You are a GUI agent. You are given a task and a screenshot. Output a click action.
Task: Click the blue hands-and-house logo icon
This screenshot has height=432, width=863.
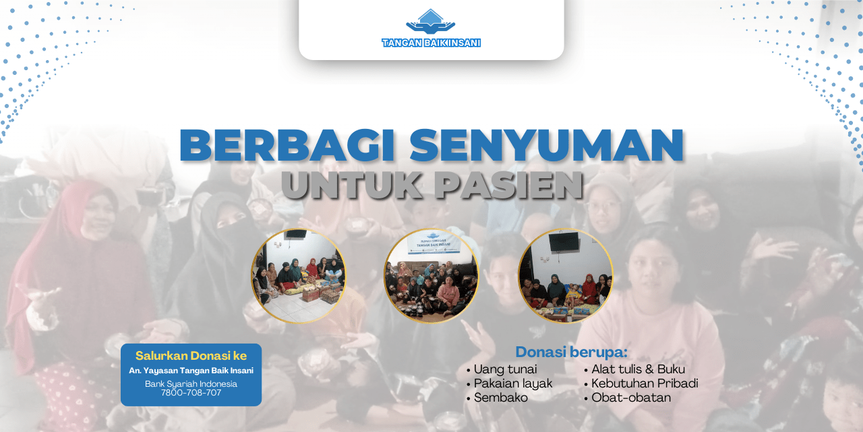click(431, 22)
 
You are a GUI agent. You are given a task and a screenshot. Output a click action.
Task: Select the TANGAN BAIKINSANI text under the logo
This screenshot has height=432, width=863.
click(431, 43)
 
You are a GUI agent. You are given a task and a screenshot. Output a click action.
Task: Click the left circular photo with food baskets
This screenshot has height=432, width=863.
click(299, 275)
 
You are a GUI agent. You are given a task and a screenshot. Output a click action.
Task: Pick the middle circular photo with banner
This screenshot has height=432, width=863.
click(431, 275)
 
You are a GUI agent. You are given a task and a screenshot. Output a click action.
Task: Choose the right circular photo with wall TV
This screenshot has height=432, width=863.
click(565, 275)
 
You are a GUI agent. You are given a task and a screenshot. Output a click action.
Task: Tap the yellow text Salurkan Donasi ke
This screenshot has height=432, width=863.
click(191, 356)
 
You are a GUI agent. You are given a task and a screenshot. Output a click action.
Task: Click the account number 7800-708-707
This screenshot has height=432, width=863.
click(191, 393)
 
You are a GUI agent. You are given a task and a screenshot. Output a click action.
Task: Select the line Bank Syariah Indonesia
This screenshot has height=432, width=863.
click(191, 383)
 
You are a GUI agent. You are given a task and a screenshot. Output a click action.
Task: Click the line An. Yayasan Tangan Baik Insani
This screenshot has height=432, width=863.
click(191, 371)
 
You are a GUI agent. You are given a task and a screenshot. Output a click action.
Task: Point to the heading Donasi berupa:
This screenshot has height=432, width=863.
click(571, 352)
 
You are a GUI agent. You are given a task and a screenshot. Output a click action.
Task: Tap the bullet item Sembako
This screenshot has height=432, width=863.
click(500, 398)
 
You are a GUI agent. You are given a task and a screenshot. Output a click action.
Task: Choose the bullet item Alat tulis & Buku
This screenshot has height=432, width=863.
click(638, 369)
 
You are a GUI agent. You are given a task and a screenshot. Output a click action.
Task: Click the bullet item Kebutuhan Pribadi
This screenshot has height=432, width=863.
click(645, 383)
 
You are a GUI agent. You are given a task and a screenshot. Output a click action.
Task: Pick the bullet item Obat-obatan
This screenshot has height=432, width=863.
click(631, 398)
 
